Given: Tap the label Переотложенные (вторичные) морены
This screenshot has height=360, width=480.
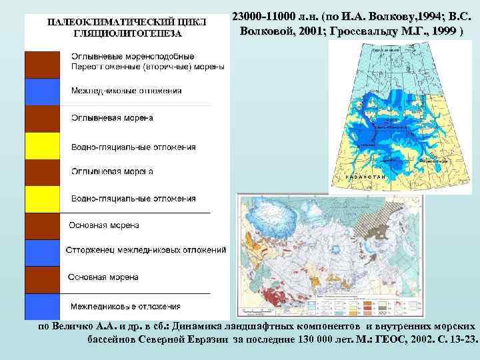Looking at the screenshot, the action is (x=147, y=67).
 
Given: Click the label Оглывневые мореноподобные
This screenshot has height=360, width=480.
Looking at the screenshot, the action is (x=133, y=56).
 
